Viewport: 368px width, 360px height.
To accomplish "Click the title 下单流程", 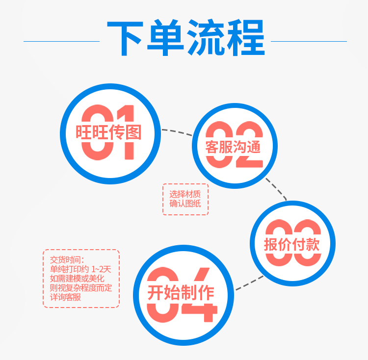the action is coord(186,38).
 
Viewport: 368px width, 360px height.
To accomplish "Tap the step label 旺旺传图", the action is coord(108,132).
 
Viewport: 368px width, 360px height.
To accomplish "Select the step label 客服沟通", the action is coord(233,147).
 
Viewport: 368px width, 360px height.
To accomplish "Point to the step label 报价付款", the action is coord(292,245).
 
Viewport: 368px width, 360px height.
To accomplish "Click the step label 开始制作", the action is coord(181,293).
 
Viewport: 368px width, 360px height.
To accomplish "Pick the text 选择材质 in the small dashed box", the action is coord(185,194).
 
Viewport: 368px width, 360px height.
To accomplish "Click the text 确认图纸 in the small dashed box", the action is coord(185,204).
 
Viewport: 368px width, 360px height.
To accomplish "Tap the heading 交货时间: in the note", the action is coord(67,260).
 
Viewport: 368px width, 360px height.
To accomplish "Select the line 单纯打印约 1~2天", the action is coord(80,269).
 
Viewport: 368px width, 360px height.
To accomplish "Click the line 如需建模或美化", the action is coord(77,279).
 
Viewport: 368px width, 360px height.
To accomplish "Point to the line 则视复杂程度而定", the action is coord(81,288).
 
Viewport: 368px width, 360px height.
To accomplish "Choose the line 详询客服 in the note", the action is coord(65,297).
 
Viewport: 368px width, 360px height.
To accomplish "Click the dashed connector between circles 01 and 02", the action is coord(177,132).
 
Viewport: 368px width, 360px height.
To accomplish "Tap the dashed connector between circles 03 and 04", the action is coord(249,283).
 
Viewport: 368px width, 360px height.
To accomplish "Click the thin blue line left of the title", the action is coord(61,42).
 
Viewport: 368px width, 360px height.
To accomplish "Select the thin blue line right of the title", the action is coord(309,42).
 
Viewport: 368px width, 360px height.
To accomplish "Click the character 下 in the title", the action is coord(125,38).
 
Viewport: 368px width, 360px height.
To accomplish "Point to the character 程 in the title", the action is coord(246,38).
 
